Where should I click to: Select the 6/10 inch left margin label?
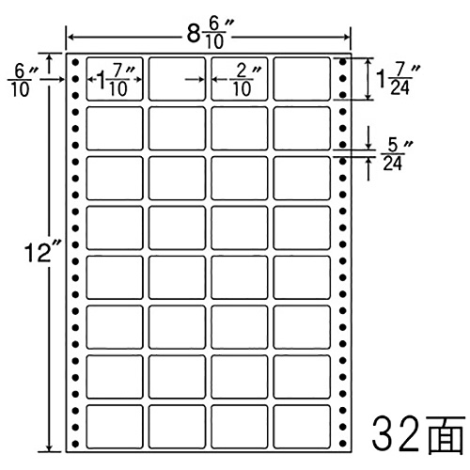[22, 81]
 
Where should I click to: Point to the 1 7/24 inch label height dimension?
[398, 79]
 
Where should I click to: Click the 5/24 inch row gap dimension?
[396, 154]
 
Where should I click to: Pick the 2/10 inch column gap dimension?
[245, 80]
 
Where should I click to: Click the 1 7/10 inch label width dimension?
[116, 80]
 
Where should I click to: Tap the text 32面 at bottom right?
[418, 434]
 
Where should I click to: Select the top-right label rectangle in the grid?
[302, 79]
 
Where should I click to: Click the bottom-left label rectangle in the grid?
[115, 427]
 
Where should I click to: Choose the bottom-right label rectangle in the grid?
[302, 427]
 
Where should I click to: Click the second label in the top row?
[177, 79]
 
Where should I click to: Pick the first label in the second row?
[115, 128]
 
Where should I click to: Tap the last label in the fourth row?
[302, 227]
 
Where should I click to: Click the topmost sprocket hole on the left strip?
[75, 62]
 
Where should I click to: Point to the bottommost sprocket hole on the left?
[75, 444]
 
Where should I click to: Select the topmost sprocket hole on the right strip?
[343, 62]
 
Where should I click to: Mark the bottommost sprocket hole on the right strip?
[343, 444]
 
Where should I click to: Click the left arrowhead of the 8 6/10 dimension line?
[70, 38]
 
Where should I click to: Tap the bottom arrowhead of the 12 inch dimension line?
[49, 448]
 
